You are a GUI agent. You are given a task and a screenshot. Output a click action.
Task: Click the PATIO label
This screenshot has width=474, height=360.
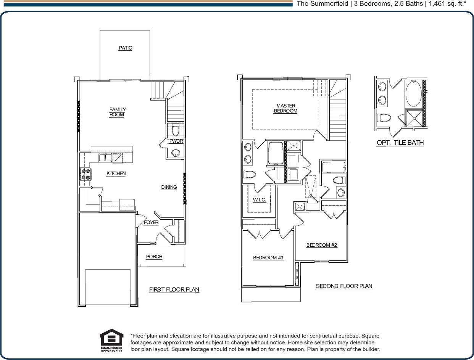click(x=125, y=48)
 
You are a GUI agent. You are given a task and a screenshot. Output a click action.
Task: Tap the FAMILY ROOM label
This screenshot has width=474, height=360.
click(x=117, y=112)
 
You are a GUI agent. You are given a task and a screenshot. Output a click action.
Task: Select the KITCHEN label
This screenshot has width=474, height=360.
click(x=116, y=174)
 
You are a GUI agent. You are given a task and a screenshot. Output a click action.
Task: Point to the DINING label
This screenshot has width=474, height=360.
click(x=169, y=187)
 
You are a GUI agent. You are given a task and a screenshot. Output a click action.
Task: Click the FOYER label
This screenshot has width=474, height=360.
click(x=151, y=223)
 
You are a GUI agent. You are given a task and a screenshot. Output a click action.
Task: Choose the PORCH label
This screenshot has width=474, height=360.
click(x=154, y=257)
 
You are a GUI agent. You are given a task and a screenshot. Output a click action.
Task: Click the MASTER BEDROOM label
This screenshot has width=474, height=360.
click(x=285, y=108)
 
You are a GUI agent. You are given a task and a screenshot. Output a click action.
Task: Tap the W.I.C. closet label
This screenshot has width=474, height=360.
click(x=259, y=200)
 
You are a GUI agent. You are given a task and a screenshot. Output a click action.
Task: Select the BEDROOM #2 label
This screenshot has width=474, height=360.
click(x=322, y=245)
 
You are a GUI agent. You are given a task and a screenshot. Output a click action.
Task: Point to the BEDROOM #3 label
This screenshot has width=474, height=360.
click(x=268, y=258)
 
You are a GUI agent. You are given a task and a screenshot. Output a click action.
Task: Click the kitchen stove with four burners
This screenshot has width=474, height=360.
click(x=85, y=174)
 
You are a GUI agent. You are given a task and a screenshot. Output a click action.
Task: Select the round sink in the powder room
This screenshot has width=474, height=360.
click(x=175, y=153)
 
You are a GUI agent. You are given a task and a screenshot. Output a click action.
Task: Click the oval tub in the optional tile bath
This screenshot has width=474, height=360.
click(x=414, y=93)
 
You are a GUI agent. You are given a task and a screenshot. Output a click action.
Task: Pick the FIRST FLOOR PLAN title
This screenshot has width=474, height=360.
click(x=174, y=289)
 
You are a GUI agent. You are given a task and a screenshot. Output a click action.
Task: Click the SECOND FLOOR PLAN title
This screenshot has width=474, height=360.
click(x=344, y=286)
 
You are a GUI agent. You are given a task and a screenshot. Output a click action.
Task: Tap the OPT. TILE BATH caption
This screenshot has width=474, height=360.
click(x=400, y=143)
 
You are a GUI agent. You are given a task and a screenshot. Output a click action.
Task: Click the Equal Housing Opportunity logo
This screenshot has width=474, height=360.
click(x=111, y=340)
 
